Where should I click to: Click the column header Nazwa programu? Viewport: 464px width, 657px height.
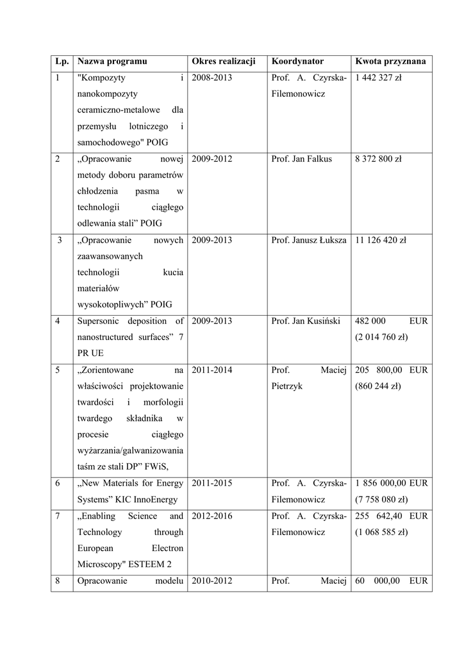coord(112,61)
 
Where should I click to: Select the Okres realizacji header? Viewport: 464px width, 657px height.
coord(223,61)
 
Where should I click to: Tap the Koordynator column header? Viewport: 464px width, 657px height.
coord(297,61)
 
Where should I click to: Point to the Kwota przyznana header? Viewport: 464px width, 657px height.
coord(390,61)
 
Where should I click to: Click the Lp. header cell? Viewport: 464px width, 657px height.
coord(62,61)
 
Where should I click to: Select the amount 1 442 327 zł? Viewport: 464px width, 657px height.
coord(378,78)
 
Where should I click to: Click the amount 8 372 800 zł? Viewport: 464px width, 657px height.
coord(378,159)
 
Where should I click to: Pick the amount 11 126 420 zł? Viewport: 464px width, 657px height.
coord(381,240)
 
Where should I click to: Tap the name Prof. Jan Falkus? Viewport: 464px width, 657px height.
coord(302,159)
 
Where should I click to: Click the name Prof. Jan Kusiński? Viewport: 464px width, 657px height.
coord(306,321)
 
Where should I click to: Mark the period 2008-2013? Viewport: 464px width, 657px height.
coord(211,78)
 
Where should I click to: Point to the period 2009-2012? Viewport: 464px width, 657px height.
coord(211,159)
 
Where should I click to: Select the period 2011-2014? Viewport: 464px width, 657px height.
coord(211,370)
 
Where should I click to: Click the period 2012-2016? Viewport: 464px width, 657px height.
coord(211,516)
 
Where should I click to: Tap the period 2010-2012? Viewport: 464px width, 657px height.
coord(211,581)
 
